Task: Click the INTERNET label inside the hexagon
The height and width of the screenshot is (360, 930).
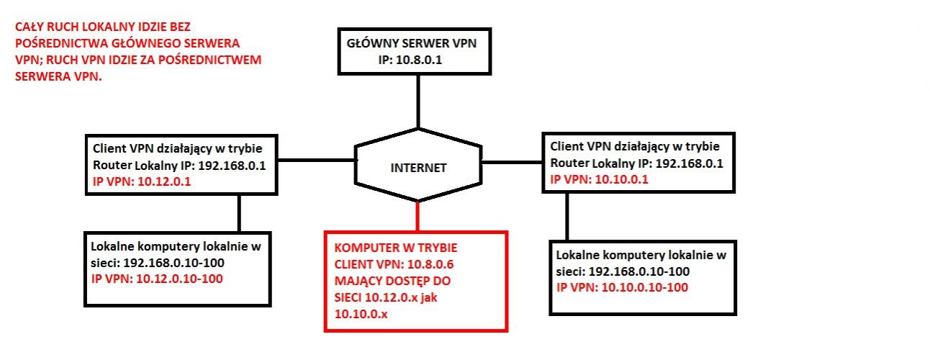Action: pos(418,168)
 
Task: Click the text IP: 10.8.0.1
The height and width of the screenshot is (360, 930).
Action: pos(410,60)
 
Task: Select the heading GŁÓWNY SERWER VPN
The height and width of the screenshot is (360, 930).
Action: pos(411,43)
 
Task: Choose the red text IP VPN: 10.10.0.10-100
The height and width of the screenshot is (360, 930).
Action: pos(623,287)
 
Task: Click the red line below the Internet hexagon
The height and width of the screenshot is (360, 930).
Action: pos(417,216)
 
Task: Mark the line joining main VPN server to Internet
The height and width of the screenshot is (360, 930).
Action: pos(417,101)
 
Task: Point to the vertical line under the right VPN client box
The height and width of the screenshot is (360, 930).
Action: pos(567,216)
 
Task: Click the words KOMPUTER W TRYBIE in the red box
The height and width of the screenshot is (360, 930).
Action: pos(396,247)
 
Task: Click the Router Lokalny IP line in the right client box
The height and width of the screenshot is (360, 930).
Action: pos(636,163)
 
